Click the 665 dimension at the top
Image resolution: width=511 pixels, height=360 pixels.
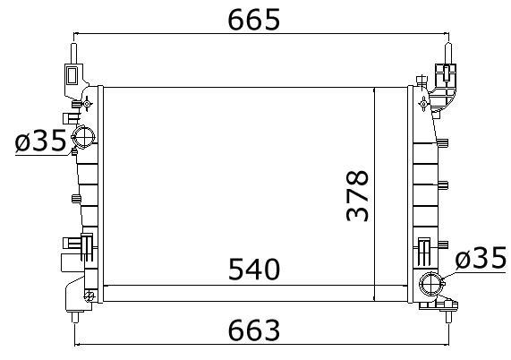click(x=254, y=20)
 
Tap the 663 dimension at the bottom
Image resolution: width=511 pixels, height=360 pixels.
click(x=254, y=330)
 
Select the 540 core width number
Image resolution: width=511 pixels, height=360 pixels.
click(x=254, y=269)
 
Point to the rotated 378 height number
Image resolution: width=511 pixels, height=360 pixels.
click(x=357, y=195)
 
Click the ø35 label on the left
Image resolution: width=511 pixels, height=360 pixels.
click(x=40, y=141)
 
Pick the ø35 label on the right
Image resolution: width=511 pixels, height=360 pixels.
click(x=481, y=258)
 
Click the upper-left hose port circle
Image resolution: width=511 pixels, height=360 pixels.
click(x=83, y=137)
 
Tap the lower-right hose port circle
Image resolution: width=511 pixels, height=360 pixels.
click(x=431, y=284)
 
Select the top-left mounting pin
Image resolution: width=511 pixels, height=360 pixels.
click(x=74, y=54)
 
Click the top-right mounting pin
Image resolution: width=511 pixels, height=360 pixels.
click(x=448, y=54)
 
